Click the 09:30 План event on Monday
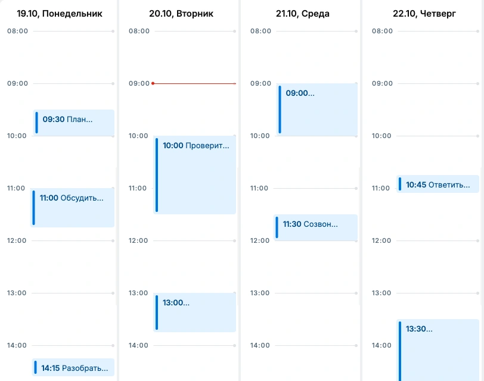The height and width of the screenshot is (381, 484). pyautogui.click(x=73, y=123)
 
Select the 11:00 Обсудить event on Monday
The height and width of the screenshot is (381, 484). pyautogui.click(x=72, y=207)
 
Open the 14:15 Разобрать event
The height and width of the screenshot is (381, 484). pyautogui.click(x=73, y=367)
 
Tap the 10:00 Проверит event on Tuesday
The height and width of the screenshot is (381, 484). pyautogui.click(x=194, y=175)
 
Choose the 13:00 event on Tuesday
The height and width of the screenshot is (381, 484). pyautogui.click(x=194, y=313)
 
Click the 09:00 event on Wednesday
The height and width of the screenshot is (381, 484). pyautogui.click(x=317, y=110)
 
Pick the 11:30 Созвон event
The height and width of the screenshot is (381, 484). pyautogui.click(x=315, y=227)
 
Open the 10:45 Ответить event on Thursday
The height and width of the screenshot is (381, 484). pyautogui.click(x=438, y=184)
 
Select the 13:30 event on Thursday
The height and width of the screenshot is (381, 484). pyautogui.click(x=438, y=350)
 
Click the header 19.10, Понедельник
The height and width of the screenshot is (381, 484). pyautogui.click(x=60, y=14)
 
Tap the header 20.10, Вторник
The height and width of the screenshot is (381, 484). pyautogui.click(x=181, y=14)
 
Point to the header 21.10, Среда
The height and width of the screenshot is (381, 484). pyautogui.click(x=303, y=14)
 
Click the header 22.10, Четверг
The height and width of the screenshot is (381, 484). pyautogui.click(x=424, y=14)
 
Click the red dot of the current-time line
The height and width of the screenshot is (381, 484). pyautogui.click(x=153, y=83)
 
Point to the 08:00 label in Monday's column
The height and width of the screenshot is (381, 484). pyautogui.click(x=18, y=31)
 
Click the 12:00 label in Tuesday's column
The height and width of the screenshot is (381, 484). pyautogui.click(x=138, y=241)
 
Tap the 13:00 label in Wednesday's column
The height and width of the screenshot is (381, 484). pyautogui.click(x=260, y=293)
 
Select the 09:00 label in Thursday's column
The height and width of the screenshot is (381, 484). pyautogui.click(x=382, y=83)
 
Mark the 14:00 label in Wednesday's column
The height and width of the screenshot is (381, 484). pyautogui.click(x=260, y=345)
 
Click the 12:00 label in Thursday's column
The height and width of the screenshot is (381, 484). pyautogui.click(x=381, y=241)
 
